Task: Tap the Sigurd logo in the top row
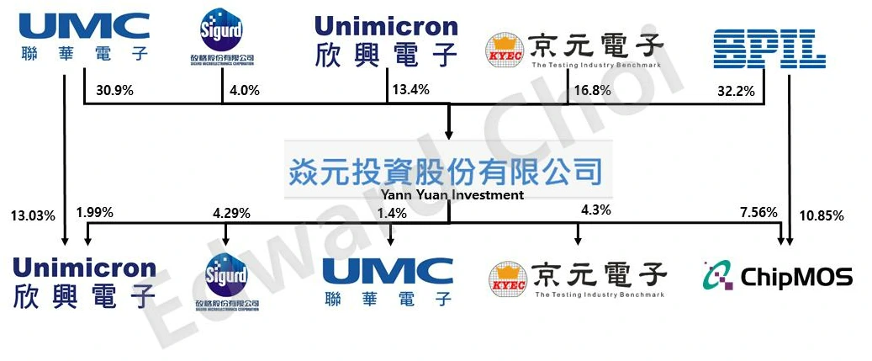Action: point(222,37)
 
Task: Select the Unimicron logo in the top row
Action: point(386,40)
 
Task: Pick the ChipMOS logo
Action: point(777,276)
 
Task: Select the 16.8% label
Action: point(592,90)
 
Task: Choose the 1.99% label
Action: point(94,211)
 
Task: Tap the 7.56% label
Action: point(758,211)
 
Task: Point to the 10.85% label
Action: point(822,215)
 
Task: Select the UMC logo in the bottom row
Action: point(388,281)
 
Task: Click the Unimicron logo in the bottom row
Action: point(84,283)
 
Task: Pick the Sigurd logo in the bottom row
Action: point(223,280)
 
